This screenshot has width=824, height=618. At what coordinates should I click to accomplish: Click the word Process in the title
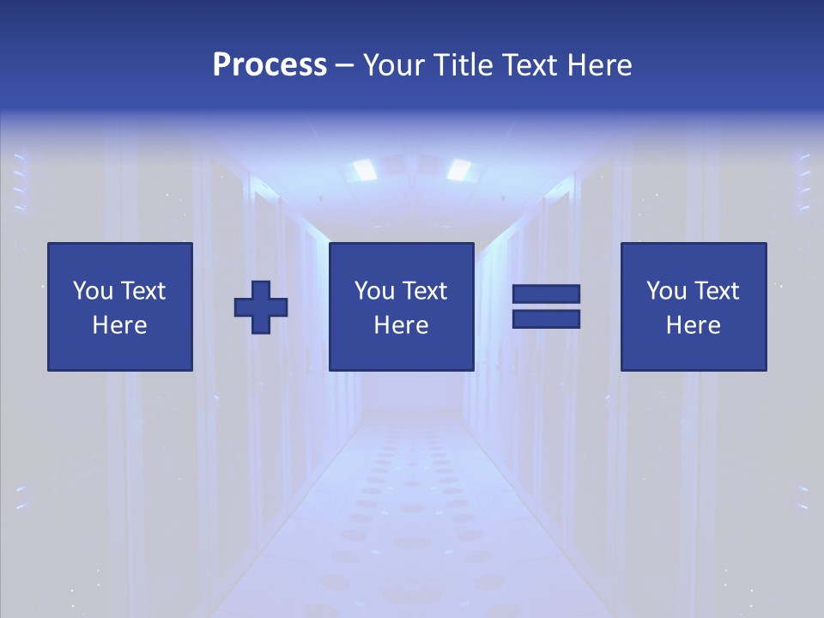point(270,65)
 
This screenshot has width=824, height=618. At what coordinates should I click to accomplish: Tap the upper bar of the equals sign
point(546,294)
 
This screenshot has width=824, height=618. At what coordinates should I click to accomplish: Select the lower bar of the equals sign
point(546,319)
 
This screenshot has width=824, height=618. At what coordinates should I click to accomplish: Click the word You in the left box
point(92,291)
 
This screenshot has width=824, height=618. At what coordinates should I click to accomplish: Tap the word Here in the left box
point(119,325)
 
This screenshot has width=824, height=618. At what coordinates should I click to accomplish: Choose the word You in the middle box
point(373,291)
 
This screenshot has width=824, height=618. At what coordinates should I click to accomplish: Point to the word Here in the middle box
point(401,325)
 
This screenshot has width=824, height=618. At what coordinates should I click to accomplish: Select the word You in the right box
point(665,291)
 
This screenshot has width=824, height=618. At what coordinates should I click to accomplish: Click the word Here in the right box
point(693,325)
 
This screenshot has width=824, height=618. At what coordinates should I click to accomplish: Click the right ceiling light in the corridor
point(459,169)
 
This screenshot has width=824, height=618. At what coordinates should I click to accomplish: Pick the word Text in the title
point(530,65)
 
